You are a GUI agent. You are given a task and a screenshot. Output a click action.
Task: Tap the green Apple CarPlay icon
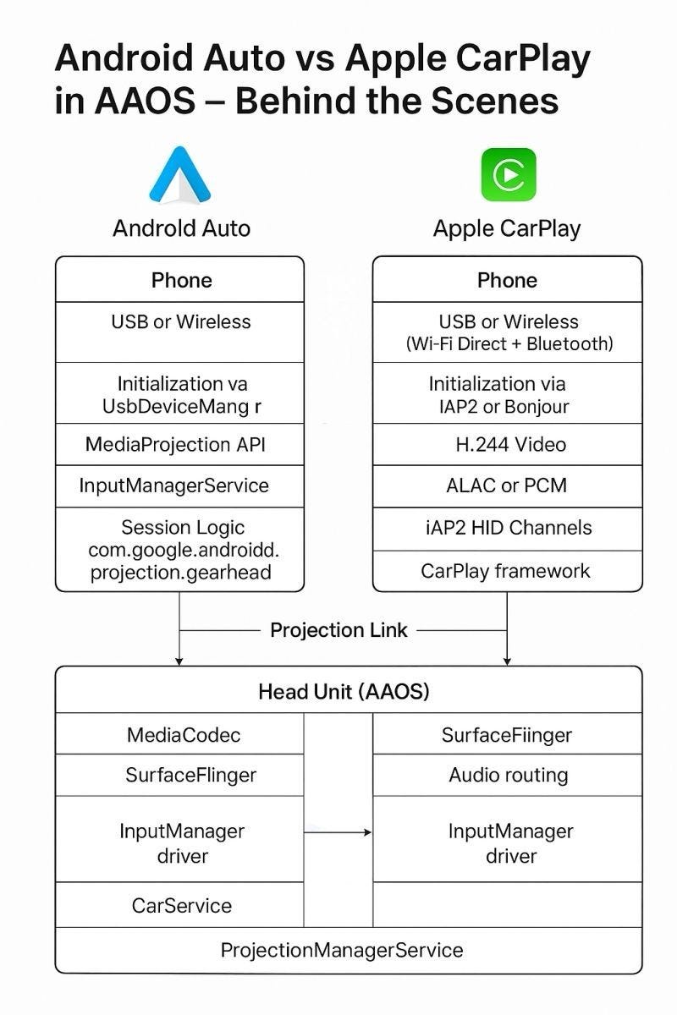coord(509,174)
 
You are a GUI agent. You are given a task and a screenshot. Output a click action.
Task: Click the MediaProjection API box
coord(179,444)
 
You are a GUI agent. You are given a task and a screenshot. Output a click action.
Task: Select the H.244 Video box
coord(508,444)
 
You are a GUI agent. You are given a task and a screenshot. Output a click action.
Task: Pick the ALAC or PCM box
coord(508,486)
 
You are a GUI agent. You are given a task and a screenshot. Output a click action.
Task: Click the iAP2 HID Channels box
coord(508,529)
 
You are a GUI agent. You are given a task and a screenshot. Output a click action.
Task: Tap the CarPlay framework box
coord(508,571)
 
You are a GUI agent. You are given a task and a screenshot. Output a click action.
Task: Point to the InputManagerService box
coord(179,486)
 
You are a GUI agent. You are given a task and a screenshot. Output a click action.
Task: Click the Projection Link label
coord(338,630)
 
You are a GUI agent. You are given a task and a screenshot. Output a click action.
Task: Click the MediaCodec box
coord(179,733)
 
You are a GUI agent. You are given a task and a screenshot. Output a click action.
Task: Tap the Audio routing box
coord(508,775)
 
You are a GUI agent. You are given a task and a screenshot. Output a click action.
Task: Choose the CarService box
coord(179,904)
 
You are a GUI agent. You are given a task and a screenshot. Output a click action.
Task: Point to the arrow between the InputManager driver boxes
coord(338,832)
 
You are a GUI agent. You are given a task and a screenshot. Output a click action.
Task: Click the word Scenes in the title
coord(495,101)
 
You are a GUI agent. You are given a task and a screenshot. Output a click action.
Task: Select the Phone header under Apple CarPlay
coord(508,280)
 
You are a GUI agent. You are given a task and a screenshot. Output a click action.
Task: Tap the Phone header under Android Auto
coord(179,280)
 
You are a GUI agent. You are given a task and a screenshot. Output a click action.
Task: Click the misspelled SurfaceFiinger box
coord(508,733)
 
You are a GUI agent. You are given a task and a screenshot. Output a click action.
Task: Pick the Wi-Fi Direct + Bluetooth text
coord(509,343)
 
